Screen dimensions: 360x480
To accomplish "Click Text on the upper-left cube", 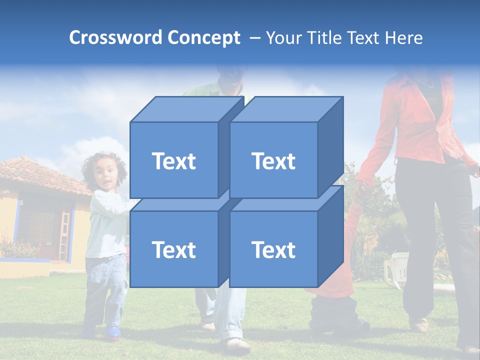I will [173, 161].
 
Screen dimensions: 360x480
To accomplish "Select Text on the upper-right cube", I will [273, 161].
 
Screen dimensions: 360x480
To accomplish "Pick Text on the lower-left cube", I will [173, 249].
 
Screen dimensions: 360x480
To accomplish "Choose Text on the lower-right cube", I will [273, 249].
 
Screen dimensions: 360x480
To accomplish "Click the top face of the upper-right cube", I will [286, 109].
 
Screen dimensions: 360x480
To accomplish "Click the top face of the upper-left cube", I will [186, 109].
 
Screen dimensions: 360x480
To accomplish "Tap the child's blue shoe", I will [113, 332].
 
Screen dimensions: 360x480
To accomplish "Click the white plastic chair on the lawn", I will [397, 267].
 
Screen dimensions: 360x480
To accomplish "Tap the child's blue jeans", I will [105, 290].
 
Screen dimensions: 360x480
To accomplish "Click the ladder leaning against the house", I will [64, 235].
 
